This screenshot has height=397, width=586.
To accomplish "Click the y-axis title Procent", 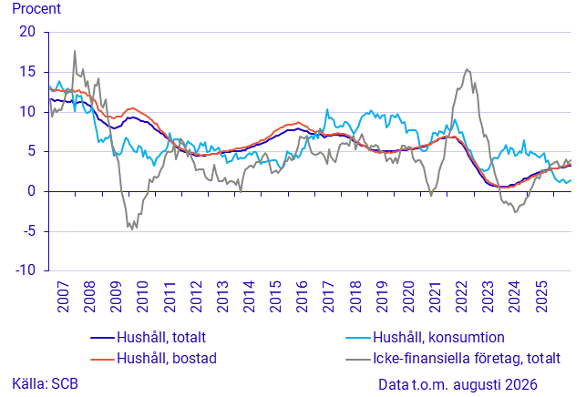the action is click(x=36, y=8).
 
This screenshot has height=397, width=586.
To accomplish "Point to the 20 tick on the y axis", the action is click(x=27, y=32).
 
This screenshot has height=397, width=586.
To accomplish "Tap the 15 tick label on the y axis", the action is click(x=27, y=72).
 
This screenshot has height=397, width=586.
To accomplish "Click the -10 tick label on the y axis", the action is click(x=26, y=270).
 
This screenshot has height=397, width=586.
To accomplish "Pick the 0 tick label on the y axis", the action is click(x=31, y=191).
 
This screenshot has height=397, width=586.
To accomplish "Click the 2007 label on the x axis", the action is click(x=63, y=297).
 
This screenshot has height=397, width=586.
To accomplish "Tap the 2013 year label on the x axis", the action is click(x=222, y=297).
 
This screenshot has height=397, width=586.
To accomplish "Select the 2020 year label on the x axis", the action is click(x=408, y=297).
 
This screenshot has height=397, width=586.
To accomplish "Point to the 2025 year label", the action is click(x=541, y=297).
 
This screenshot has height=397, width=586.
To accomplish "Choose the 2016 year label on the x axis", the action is click(x=302, y=297).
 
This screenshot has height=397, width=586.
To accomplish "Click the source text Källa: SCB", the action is click(x=45, y=383).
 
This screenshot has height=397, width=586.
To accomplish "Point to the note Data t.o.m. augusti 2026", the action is click(x=457, y=384).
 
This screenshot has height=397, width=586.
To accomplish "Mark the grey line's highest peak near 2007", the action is click(x=75, y=51).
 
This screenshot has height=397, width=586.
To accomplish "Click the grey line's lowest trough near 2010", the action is click(x=132, y=229).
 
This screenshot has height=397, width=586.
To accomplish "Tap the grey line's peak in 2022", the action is click(x=468, y=69).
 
